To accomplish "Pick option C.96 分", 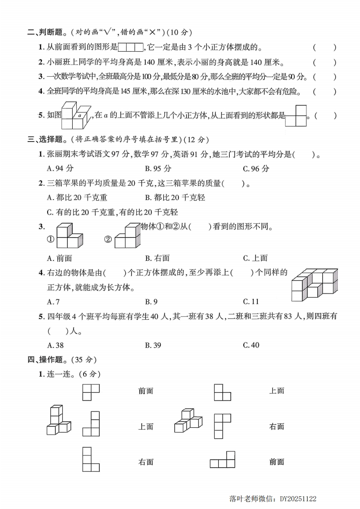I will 256,168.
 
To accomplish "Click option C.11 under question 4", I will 251,301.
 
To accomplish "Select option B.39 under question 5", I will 153,345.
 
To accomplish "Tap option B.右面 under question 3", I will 157,258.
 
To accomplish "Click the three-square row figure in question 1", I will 131,47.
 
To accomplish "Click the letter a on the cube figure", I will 79,116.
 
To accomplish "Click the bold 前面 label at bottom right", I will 276,462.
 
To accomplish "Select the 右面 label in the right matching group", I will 276,426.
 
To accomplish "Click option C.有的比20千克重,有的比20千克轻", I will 112,212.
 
